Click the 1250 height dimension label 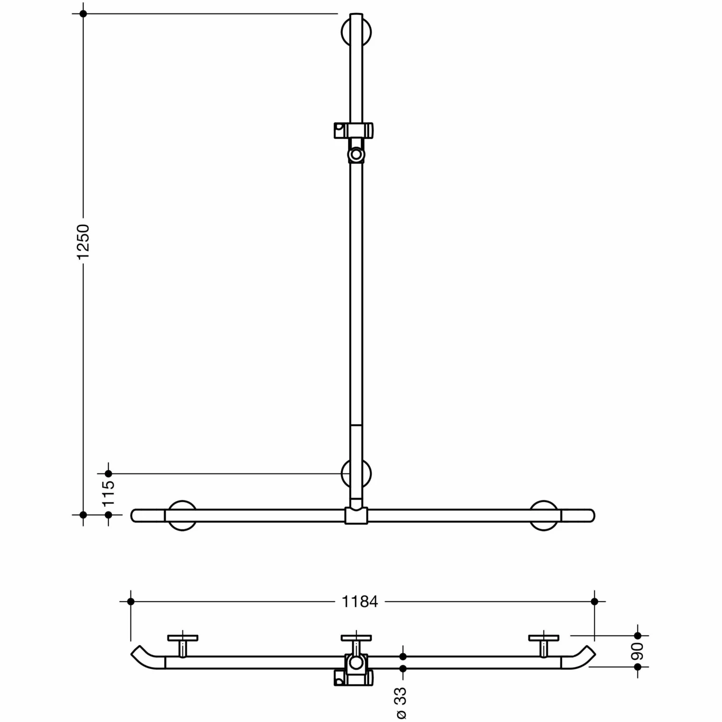(x=83, y=242)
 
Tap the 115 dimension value (x=109, y=493)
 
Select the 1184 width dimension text (x=360, y=602)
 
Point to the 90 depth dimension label (x=637, y=651)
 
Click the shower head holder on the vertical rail (x=354, y=142)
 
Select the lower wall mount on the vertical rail (x=356, y=474)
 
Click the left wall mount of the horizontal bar (x=182, y=516)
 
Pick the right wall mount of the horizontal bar (x=544, y=516)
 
